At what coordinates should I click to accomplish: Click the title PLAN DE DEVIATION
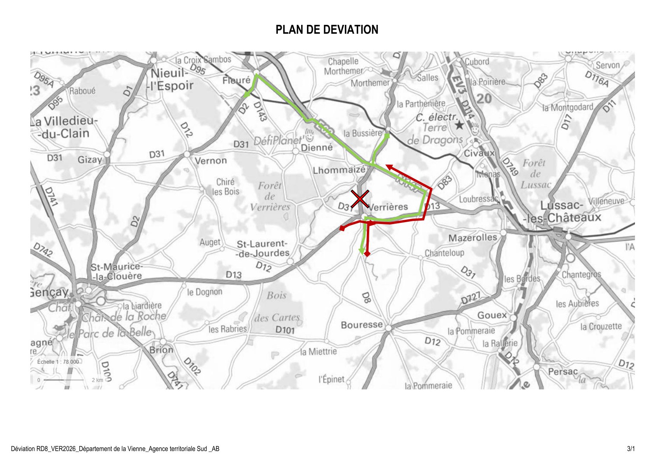(x=327, y=30)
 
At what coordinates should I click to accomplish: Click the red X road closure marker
(x=360, y=199)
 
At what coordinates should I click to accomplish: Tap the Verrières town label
(x=388, y=207)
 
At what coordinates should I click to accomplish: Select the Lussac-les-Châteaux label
(x=562, y=212)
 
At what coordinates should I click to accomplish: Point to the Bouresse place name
(x=361, y=325)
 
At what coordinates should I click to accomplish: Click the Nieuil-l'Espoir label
(x=171, y=79)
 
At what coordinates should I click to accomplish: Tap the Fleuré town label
(x=236, y=80)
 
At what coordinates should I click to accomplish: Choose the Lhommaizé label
(x=339, y=170)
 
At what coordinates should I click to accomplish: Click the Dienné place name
(x=317, y=148)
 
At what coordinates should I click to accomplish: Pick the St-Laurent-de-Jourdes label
(x=263, y=248)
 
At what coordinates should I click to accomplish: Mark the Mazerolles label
(x=473, y=238)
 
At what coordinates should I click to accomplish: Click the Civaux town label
(x=479, y=153)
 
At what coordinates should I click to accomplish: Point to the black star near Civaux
(x=459, y=125)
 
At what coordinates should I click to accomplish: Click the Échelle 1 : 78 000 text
(x=58, y=362)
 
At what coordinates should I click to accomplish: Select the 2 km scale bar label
(x=97, y=380)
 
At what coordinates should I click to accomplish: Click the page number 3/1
(x=631, y=449)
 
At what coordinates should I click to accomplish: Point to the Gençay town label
(x=49, y=292)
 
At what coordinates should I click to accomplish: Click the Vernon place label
(x=210, y=160)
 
